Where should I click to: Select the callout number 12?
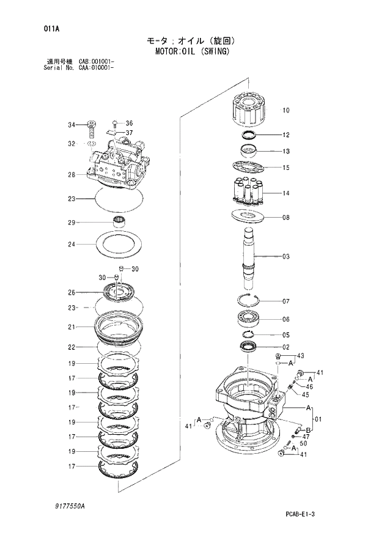point(285,135)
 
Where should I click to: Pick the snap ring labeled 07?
point(251,300)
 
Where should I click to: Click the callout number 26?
point(71,292)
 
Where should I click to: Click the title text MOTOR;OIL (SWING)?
point(189,51)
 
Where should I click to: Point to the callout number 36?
point(129,123)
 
